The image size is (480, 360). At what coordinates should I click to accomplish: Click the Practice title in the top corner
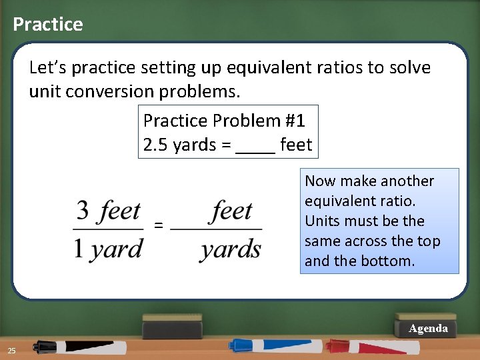(x=48, y=25)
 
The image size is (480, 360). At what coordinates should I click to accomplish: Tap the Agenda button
(x=428, y=329)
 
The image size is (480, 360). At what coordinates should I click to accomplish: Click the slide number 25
(x=11, y=351)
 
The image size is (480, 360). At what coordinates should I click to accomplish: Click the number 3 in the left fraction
(x=83, y=211)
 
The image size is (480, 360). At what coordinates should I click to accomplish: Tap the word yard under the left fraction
(x=117, y=250)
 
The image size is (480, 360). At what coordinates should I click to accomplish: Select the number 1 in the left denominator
(x=79, y=249)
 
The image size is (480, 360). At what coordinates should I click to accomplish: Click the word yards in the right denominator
(x=230, y=250)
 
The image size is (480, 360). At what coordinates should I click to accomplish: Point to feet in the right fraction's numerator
(x=232, y=211)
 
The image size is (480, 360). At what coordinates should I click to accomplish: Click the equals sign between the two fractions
(x=158, y=225)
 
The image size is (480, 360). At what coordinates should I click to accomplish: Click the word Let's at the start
(x=47, y=67)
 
